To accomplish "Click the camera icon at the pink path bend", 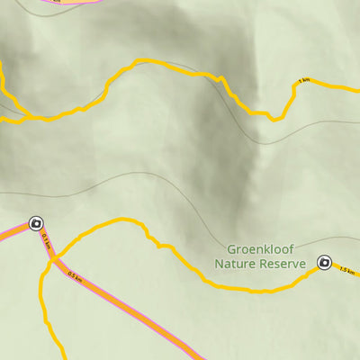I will [x=36, y=222].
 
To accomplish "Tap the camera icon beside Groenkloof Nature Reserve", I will [x=325, y=263].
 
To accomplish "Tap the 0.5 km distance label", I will [x=75, y=276].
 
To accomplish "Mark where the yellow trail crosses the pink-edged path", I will [x=54, y=259].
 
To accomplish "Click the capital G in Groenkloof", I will [x=231, y=249].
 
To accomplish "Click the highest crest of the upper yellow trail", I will [x=139, y=61].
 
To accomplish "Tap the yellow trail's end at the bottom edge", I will [x=63, y=356].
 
